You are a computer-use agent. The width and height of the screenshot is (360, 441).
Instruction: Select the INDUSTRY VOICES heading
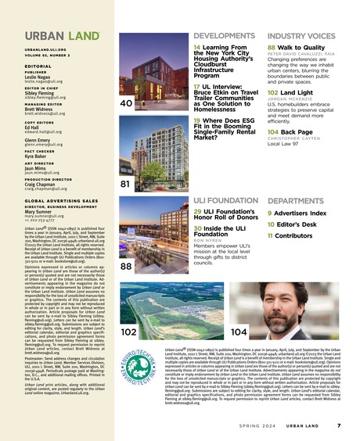pos(301,36)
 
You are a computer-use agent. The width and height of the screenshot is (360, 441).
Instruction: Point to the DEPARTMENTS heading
pos(297,200)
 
